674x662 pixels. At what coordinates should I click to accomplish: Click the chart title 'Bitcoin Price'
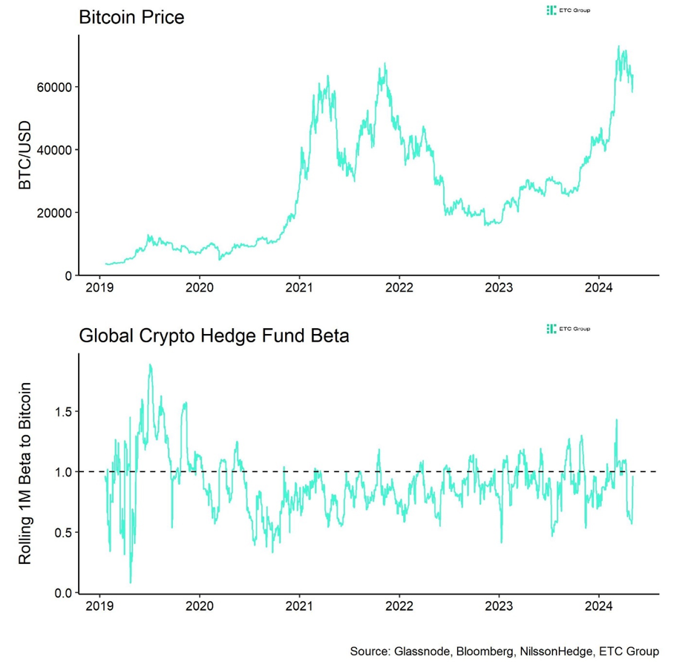[x=131, y=16]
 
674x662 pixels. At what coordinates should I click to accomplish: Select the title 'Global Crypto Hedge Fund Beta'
[x=214, y=336]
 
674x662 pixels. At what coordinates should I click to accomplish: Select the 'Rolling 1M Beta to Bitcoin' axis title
[x=24, y=473]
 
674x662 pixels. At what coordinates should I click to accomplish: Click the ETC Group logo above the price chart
[x=568, y=10]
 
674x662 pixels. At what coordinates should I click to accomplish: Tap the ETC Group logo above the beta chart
[x=568, y=329]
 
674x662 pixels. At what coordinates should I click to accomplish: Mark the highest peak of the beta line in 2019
[x=151, y=365]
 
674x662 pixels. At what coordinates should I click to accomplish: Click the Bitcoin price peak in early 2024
[x=618, y=47]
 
